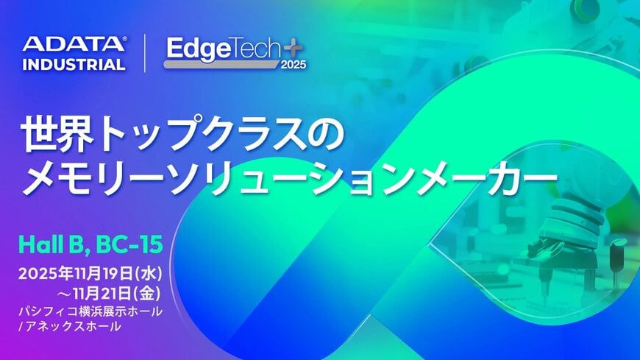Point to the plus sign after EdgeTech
tap(294, 47)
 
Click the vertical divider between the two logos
tap(144, 53)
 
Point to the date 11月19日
tap(99, 273)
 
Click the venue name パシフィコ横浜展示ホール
tap(91, 312)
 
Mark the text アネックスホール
tap(74, 327)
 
